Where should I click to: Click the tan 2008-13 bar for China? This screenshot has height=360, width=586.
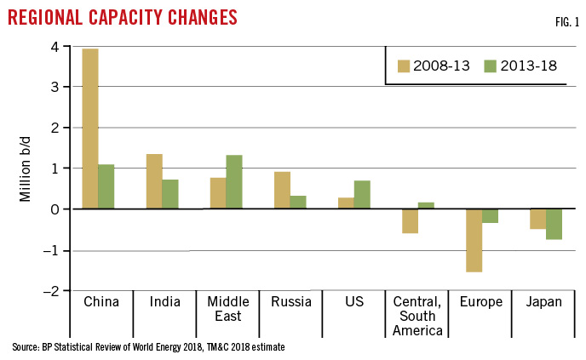click(90, 129)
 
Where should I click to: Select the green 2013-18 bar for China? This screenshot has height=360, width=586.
click(106, 186)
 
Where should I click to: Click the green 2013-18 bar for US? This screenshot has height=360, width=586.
click(362, 195)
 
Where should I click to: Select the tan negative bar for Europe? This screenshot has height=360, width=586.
click(474, 240)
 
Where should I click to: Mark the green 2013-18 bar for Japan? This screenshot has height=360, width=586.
click(554, 224)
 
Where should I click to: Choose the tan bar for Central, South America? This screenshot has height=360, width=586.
click(410, 221)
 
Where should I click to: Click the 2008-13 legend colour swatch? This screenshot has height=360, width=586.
click(405, 66)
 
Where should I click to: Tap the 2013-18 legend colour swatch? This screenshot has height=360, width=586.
click(491, 66)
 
